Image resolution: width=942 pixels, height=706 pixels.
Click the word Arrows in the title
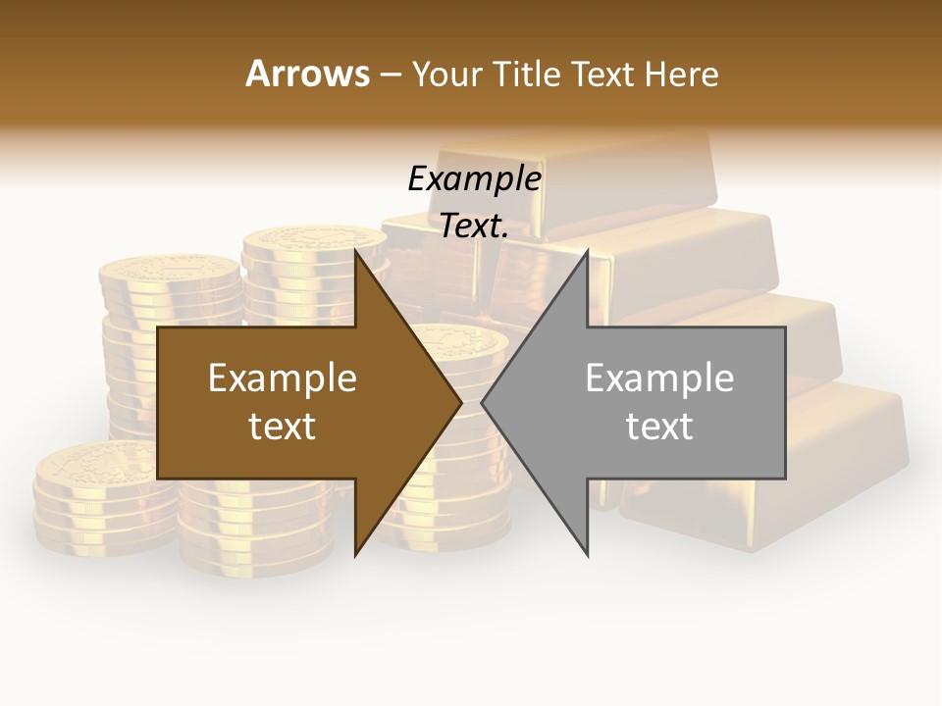[307, 74]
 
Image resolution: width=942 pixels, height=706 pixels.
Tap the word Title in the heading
[526, 74]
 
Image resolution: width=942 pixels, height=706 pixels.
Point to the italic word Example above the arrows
[474, 179]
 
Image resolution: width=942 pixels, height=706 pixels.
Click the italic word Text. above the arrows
[474, 227]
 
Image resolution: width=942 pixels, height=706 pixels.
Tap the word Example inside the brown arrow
[283, 378]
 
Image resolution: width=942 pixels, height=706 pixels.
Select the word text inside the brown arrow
[283, 427]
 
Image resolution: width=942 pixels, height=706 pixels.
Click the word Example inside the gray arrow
[659, 378]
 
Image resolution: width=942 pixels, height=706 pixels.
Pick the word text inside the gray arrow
[659, 427]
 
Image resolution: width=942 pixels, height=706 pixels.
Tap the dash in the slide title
[389, 75]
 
